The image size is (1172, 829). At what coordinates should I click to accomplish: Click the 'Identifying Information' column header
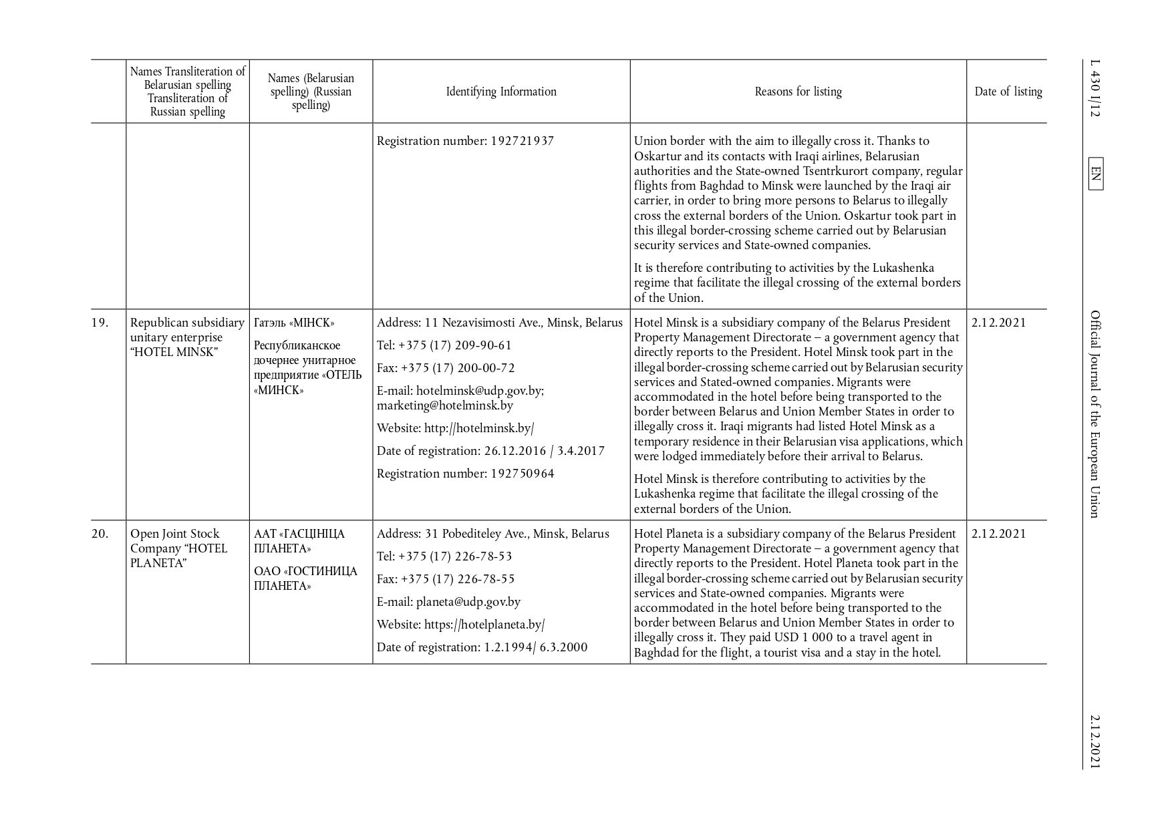point(501,92)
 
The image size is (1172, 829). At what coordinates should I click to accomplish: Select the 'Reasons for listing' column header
point(798,92)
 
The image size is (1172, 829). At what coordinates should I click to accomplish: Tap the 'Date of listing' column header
point(1008,92)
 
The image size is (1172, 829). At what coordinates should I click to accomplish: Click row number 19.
point(100,323)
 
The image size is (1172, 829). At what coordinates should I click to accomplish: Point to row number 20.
point(100,534)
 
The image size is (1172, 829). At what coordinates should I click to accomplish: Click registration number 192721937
point(522,141)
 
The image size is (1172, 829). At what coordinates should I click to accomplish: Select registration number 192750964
point(522,474)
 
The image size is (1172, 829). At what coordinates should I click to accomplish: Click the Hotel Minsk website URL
point(478,428)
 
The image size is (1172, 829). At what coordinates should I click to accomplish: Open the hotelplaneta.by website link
point(484,625)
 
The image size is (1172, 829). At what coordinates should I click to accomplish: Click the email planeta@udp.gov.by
point(468,602)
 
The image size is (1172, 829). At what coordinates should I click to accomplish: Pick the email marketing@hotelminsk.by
point(444,405)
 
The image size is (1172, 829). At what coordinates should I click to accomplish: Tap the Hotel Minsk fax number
point(456,368)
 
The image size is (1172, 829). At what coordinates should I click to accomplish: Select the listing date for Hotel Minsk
point(998,323)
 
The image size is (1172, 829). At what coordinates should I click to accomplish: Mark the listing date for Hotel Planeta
point(998,534)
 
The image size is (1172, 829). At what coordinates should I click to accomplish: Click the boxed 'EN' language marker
point(1095,174)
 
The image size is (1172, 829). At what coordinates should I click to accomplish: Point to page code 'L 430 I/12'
point(1095,89)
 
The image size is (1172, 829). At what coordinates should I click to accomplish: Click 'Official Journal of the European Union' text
point(1095,414)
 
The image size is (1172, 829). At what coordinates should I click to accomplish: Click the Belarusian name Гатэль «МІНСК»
point(294,323)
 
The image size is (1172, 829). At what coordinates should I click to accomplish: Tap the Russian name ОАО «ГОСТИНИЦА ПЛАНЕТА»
point(305,578)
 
